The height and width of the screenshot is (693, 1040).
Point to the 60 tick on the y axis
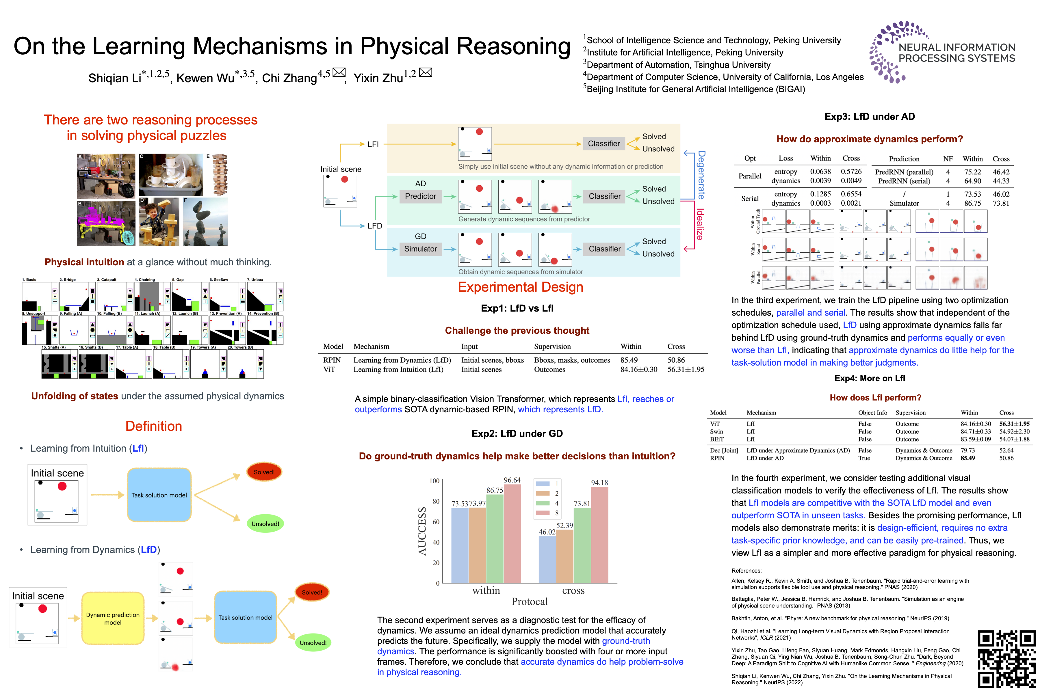(436, 522)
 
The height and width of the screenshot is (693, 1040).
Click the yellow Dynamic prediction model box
(113, 618)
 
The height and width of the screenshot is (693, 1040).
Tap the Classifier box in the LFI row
(603, 144)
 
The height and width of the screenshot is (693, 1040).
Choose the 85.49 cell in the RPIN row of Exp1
(629, 360)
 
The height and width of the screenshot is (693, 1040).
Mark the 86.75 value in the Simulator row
(972, 203)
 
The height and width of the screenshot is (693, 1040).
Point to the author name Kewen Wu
(205, 78)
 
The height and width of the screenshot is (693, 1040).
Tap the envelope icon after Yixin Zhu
(425, 72)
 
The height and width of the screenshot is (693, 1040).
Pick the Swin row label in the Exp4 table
(716, 432)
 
